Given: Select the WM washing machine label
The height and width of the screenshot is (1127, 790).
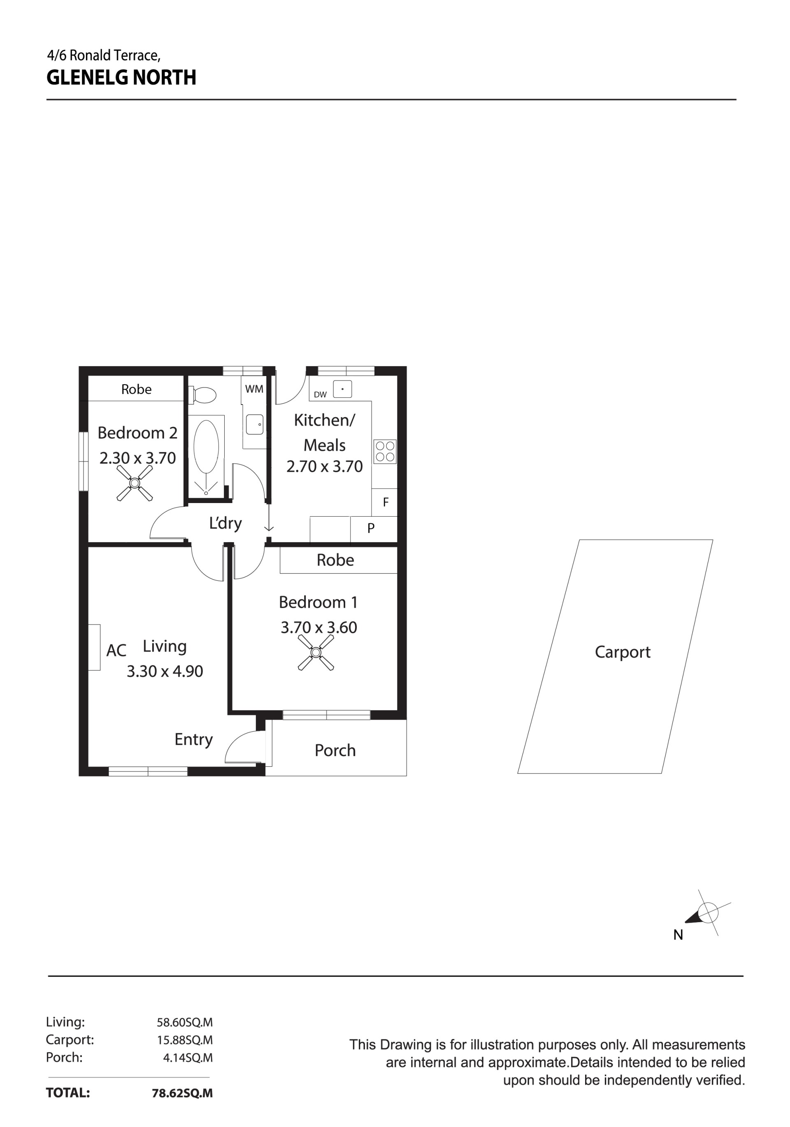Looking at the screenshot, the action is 254,389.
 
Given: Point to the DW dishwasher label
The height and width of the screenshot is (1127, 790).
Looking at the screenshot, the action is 320,394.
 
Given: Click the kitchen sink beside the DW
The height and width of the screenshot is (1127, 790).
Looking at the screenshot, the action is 342,389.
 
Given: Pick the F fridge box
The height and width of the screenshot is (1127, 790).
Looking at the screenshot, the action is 385,502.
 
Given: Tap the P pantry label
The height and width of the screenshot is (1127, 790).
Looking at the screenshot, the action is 371,528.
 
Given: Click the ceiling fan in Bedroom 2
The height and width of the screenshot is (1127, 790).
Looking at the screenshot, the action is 135,483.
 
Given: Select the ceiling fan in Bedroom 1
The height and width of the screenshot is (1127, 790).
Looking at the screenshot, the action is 316,653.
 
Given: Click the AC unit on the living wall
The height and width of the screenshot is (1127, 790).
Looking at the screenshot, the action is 94,647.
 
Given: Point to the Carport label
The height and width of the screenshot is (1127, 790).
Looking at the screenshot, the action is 623,652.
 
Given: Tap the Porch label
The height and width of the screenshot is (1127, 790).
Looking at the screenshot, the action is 335,751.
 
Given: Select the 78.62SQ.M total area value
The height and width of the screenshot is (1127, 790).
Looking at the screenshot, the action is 182,1093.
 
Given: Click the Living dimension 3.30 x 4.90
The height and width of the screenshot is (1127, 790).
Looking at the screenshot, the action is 165,671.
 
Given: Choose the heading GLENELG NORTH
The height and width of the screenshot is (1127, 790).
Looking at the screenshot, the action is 121,78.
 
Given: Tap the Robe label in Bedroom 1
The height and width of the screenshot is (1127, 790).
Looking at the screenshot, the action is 335,560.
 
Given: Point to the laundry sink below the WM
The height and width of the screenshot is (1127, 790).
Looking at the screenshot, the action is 254,424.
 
